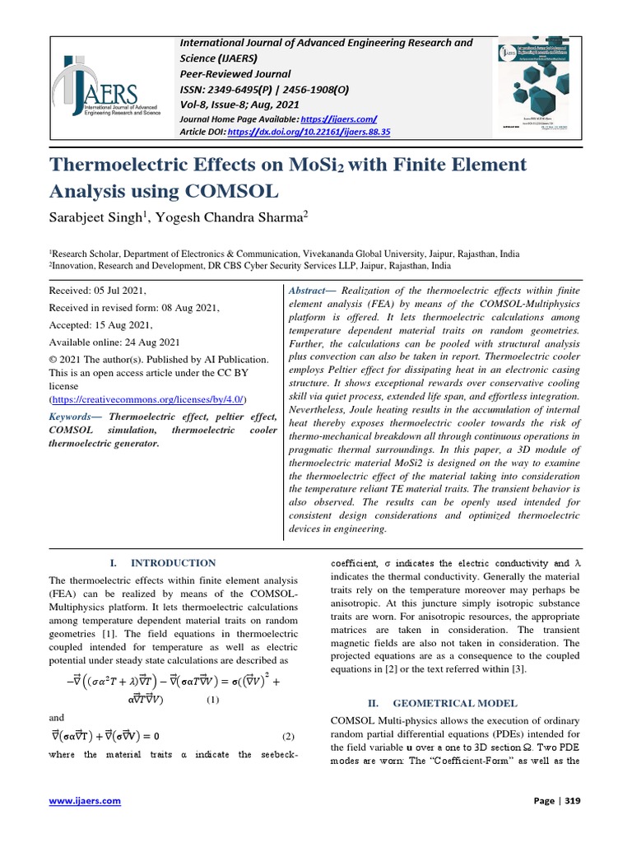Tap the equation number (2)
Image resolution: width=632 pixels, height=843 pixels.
point(288,736)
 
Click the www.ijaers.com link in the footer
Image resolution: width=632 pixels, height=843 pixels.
point(86,801)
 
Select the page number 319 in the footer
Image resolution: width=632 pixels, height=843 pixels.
point(570,801)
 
